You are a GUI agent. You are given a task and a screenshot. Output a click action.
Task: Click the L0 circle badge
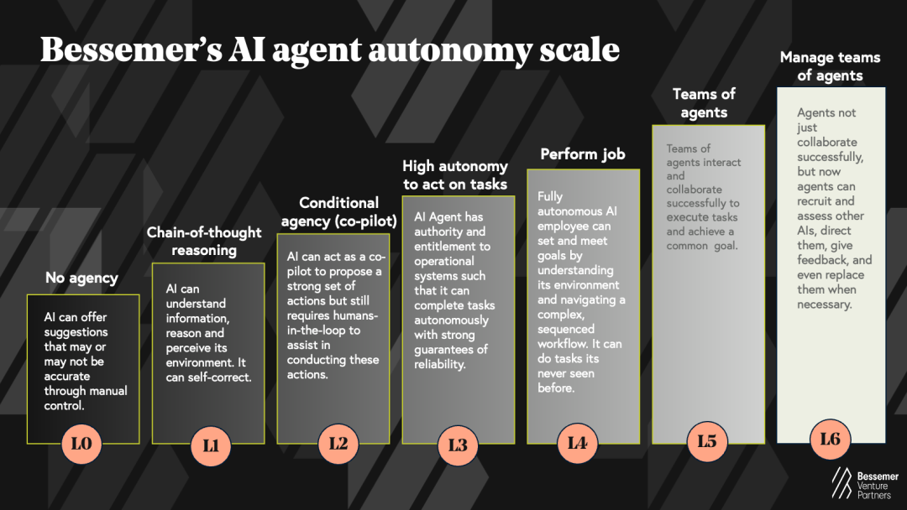(x=81, y=444)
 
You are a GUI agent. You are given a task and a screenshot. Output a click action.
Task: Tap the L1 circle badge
(x=211, y=446)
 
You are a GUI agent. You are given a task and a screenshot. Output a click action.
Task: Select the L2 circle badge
(x=338, y=444)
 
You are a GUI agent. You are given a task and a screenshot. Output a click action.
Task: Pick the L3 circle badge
(x=458, y=445)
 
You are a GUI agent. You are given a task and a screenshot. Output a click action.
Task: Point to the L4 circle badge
(x=577, y=444)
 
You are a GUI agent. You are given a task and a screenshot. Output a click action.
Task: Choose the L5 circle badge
(x=707, y=442)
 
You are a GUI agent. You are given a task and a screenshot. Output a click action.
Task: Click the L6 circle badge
(x=830, y=440)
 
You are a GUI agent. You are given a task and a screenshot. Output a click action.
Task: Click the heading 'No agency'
(x=81, y=278)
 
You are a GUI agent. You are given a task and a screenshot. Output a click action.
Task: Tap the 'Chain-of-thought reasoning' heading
(x=204, y=242)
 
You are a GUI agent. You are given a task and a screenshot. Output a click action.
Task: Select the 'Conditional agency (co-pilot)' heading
(x=339, y=212)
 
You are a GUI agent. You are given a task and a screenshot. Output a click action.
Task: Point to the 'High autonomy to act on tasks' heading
(x=455, y=175)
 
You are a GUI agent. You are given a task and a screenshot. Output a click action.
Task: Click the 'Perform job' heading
(x=583, y=154)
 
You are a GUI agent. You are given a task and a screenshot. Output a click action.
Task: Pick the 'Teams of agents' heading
(x=704, y=103)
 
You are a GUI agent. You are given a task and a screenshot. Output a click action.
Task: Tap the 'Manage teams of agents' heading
(x=830, y=66)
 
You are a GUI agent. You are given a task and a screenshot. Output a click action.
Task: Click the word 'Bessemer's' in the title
(x=131, y=49)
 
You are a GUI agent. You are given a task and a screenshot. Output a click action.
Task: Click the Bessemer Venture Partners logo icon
(x=841, y=483)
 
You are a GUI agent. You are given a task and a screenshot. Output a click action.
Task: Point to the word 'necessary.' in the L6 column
(x=825, y=304)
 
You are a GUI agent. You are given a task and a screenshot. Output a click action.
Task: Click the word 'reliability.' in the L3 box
(x=439, y=364)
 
